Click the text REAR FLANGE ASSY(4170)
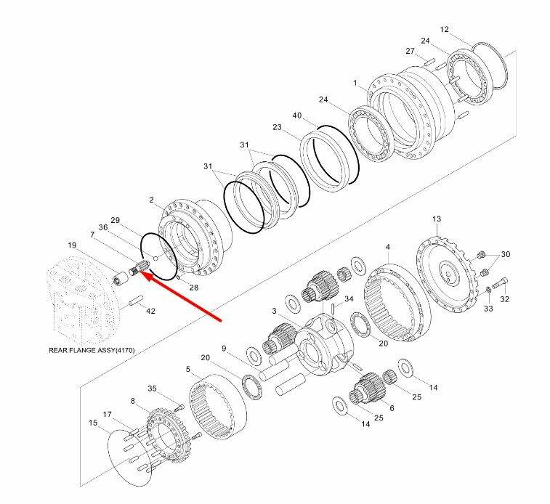pos(90,351)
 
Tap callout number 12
pos(445,30)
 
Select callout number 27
pos(410,51)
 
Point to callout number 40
pos(296,115)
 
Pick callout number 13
pos(436,219)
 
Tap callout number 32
pos(504,298)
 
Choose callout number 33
pos(488,308)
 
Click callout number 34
pos(349,298)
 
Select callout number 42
pos(151,312)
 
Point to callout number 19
pos(72,245)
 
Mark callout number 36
pos(104,227)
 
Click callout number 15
pos(93,422)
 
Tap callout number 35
pos(153,389)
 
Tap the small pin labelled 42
pos(135,299)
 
